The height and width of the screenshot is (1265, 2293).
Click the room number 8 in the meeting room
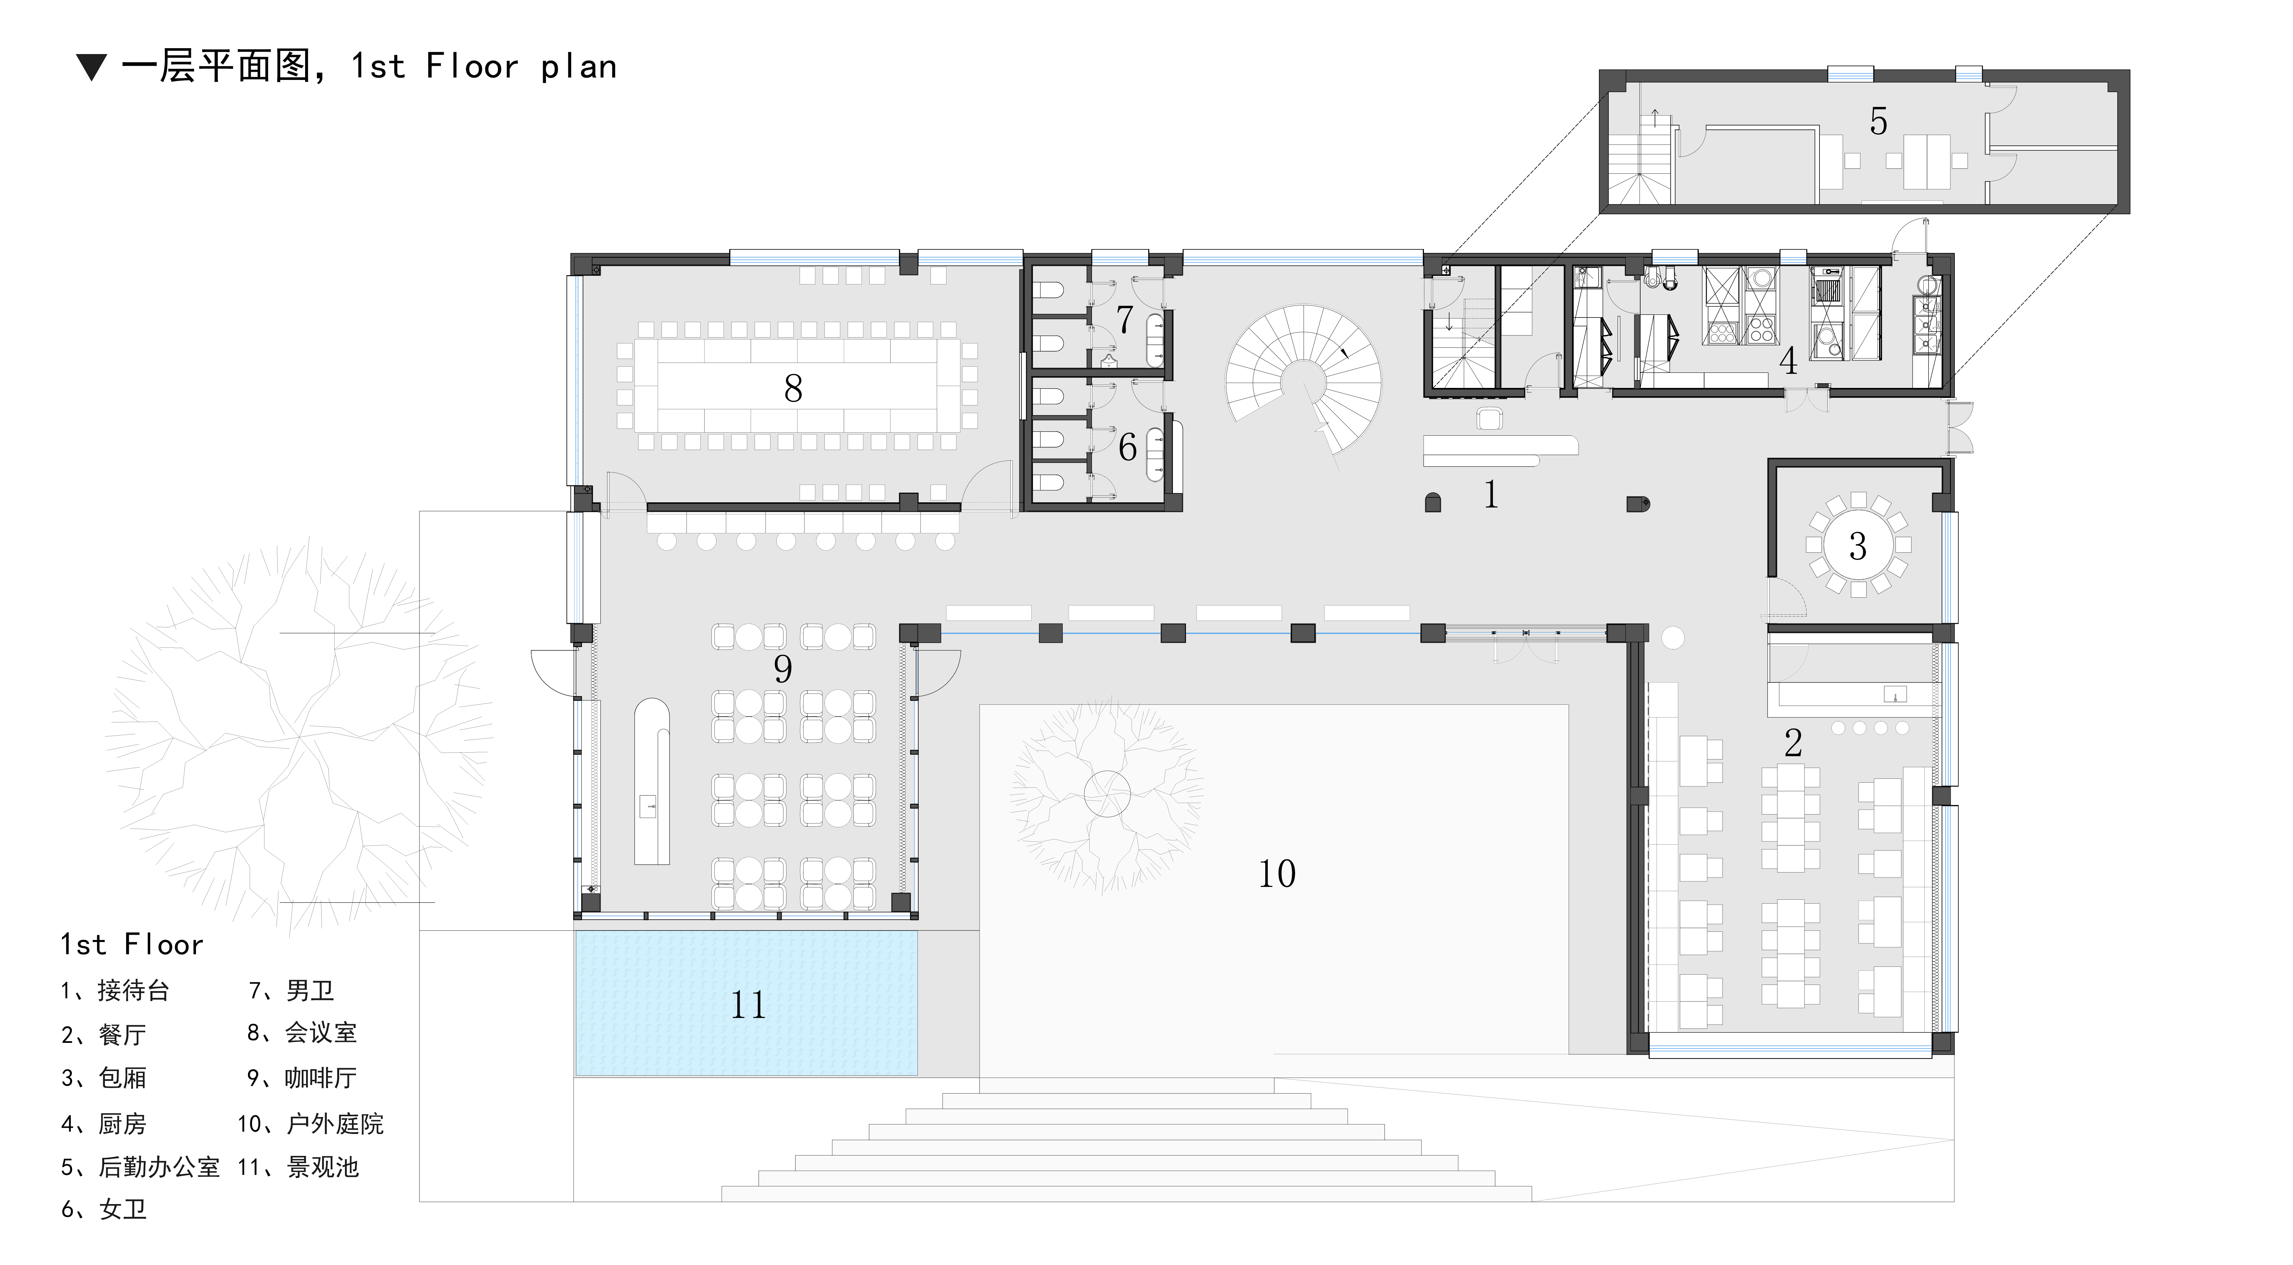[x=793, y=388]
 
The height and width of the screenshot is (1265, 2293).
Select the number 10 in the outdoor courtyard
[x=1276, y=873]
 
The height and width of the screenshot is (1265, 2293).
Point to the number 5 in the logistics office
[x=1878, y=121]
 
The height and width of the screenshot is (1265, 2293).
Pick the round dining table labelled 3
[x=1858, y=545]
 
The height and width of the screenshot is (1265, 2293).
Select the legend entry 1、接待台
[x=115, y=990]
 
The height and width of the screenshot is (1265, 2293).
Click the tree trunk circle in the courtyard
[x=1107, y=792]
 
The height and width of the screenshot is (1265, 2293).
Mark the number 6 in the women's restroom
[x=1127, y=448]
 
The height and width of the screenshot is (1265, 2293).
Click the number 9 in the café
[x=783, y=669]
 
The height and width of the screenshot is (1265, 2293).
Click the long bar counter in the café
[x=651, y=781]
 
